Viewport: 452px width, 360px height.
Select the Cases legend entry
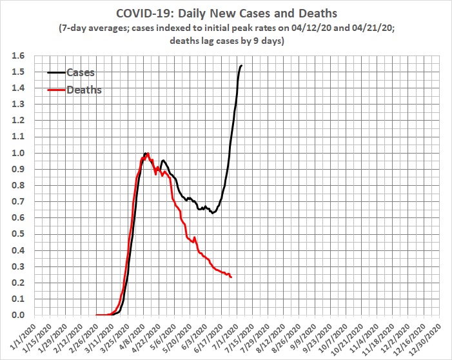tap(81, 73)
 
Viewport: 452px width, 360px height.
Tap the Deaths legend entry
tap(84, 90)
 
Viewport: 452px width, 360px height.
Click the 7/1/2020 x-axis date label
tap(228, 335)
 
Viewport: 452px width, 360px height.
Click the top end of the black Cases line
tap(242, 65)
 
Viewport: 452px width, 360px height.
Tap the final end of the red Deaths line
tap(231, 277)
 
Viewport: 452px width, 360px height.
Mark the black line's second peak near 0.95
tap(163, 160)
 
